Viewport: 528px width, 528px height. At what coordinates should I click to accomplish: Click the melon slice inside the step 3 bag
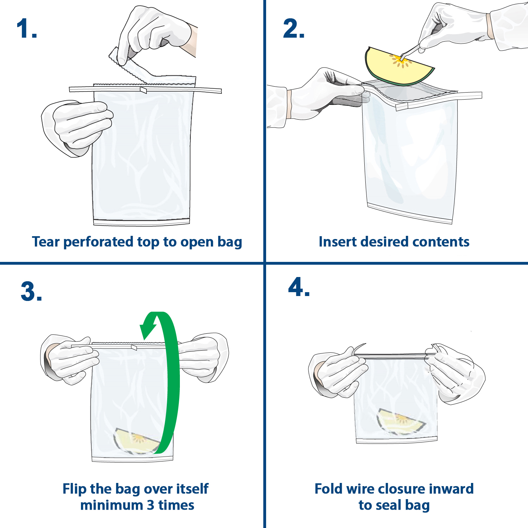[136, 441]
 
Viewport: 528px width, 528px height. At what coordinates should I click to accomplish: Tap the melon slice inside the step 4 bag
[400, 421]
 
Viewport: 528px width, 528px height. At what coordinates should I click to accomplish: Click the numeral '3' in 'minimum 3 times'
[150, 505]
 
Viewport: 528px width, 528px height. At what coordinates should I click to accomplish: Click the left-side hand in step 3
[69, 359]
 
